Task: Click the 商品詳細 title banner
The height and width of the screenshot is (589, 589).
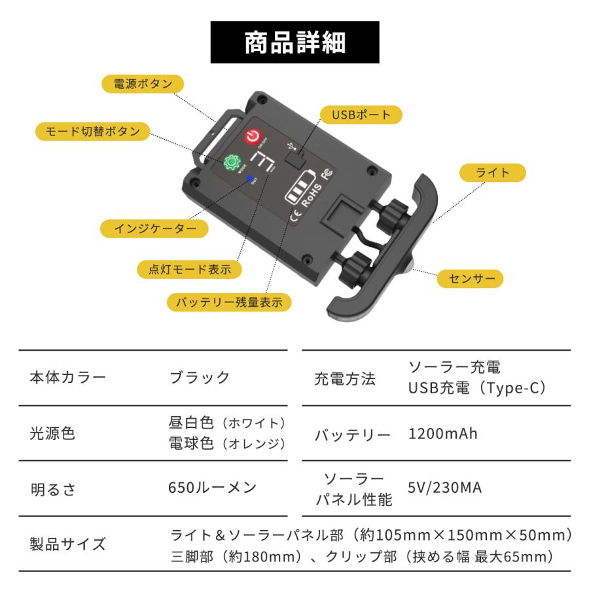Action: [294, 42]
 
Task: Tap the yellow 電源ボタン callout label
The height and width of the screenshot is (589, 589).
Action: [143, 84]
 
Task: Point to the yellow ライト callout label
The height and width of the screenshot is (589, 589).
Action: [493, 173]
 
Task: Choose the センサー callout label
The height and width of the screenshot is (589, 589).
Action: [471, 279]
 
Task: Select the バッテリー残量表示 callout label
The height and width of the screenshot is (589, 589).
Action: [228, 302]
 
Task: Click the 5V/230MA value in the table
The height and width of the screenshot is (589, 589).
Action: [444, 488]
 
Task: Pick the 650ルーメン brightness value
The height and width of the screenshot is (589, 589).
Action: [212, 488]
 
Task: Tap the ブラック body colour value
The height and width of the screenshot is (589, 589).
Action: [200, 378]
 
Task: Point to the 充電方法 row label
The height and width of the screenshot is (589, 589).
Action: [345, 378]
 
